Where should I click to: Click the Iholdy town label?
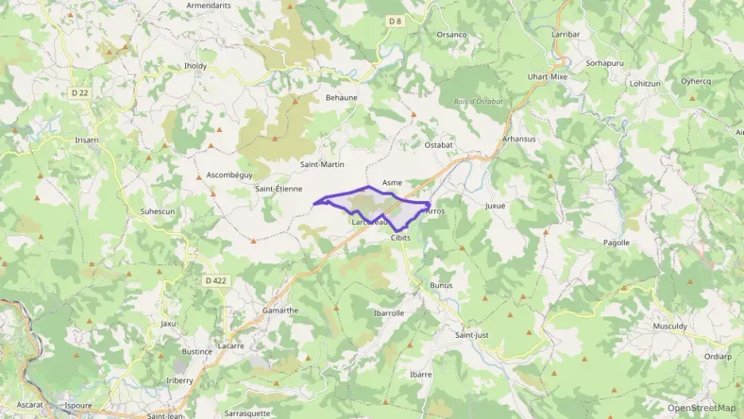[196, 65]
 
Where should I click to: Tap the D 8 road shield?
[396, 21]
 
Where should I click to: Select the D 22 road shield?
[79, 93]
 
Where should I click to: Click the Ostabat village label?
[438, 145]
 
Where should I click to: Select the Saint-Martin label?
[322, 165]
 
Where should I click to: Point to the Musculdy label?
[670, 326]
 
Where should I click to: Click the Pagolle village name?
[616, 242]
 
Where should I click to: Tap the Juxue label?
[495, 205]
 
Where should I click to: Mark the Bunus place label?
[440, 285]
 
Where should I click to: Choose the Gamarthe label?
[280, 310]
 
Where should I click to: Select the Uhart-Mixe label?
[548, 76]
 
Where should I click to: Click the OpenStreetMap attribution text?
[702, 408]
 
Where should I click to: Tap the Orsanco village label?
[451, 35]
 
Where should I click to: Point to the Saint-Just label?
[471, 335]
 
